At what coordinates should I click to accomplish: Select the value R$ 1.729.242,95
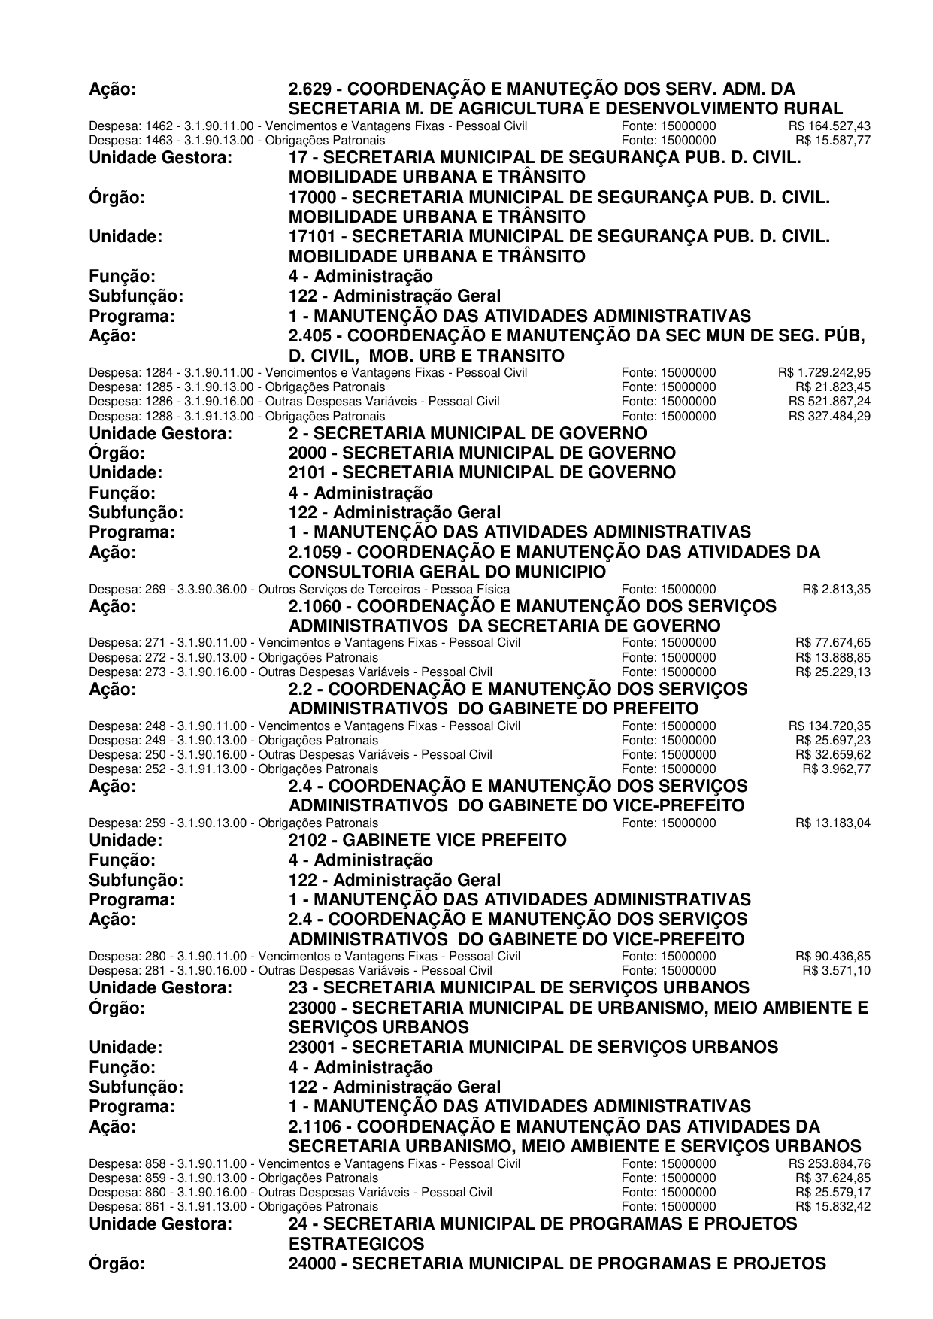[x=824, y=372]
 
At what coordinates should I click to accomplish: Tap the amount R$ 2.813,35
[x=836, y=589]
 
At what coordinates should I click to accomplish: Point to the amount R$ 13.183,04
[x=833, y=823]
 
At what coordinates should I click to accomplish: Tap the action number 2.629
[x=312, y=89]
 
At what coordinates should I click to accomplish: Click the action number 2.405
[x=312, y=335]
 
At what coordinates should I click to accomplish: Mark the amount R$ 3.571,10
[x=836, y=970]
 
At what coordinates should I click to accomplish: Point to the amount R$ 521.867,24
[x=829, y=401]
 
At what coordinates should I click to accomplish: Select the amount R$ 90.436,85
[x=833, y=957]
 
